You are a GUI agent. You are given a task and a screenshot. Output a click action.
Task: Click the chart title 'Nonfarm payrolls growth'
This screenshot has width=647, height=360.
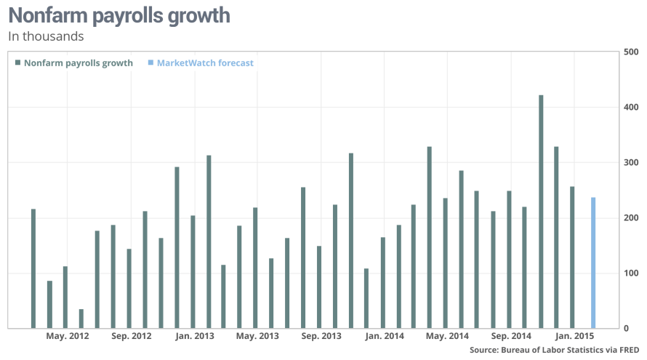coord(118,15)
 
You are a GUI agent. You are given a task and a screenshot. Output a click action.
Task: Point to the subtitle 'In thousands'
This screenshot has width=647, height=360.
coord(45,36)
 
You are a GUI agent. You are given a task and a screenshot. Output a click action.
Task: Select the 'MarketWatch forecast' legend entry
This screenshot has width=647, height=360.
coord(205,63)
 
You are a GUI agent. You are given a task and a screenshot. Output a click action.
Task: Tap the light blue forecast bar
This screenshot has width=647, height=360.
coord(593,263)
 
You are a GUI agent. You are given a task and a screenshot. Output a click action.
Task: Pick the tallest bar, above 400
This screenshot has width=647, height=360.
coord(541,211)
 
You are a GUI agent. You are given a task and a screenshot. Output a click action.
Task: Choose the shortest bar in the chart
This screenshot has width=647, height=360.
coord(81,319)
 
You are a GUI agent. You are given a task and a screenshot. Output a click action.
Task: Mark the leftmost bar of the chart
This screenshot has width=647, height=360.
coord(33,268)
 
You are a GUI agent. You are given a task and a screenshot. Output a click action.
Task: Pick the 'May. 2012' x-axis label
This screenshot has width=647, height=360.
coord(67,336)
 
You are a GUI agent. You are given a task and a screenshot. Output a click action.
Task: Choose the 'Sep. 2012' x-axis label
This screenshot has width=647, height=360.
coord(131,336)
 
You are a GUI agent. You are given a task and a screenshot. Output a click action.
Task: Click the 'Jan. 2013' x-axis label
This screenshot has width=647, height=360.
coord(194,336)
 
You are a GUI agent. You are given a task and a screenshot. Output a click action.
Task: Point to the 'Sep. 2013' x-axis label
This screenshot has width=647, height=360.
coord(321,336)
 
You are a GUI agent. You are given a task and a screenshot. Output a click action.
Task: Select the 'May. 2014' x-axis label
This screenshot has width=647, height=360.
coord(447,336)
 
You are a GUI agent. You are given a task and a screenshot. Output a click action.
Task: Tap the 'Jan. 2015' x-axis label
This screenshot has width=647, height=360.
coord(574,336)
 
